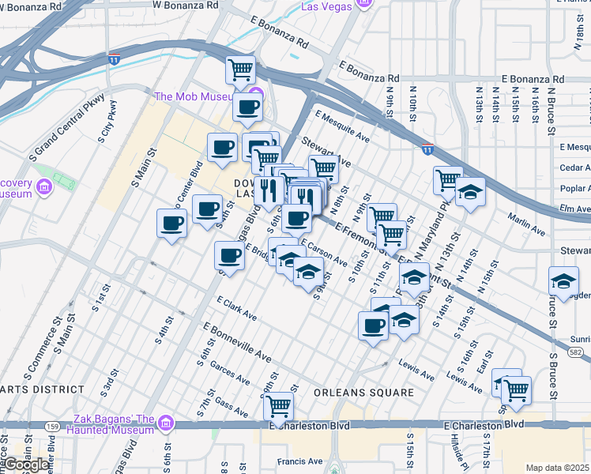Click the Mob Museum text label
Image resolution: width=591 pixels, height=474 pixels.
(193, 97)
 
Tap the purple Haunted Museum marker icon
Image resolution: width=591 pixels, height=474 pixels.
(166, 423)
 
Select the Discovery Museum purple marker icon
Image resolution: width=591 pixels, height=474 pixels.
(44, 187)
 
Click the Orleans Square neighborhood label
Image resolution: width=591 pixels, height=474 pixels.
(363, 393)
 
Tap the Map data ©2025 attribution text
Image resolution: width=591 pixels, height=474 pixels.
(558, 468)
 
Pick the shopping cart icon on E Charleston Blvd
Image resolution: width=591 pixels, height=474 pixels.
(278, 406)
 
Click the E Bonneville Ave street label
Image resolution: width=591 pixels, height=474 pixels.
(237, 342)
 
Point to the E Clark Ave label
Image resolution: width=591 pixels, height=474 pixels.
(236, 309)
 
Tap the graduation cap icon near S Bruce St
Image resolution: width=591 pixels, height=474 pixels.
(563, 281)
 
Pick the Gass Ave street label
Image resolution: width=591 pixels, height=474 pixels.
(232, 405)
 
